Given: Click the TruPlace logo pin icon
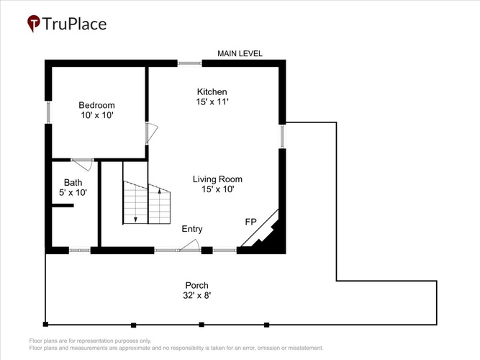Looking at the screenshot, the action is click(33, 23).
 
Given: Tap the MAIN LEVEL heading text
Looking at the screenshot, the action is click(240, 53).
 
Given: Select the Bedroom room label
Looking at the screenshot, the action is click(96, 105).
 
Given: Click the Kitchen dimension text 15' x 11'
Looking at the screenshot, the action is click(212, 102).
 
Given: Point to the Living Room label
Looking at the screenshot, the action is click(217, 179).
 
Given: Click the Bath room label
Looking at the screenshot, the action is click(73, 183).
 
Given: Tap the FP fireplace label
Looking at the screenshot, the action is click(250, 222).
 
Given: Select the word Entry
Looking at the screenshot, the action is click(192, 229).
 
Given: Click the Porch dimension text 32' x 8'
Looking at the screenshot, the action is click(197, 295).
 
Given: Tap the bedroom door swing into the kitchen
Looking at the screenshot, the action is click(152, 133).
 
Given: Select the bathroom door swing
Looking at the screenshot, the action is click(83, 165).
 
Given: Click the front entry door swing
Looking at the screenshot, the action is click(190, 246).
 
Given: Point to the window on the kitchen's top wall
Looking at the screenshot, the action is click(190, 63).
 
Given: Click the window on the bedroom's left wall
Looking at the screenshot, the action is click(48, 112).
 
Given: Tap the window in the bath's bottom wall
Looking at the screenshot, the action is click(80, 251).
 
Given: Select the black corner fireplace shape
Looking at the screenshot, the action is click(266, 233).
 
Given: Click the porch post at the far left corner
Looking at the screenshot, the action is click(45, 324).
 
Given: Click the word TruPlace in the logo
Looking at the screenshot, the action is click(74, 24).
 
